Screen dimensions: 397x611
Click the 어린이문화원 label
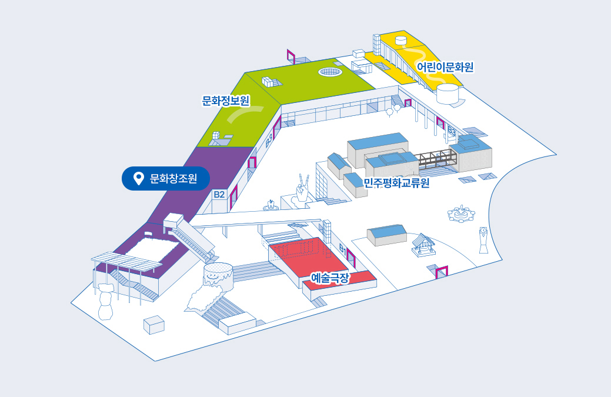pyautogui.click(x=445, y=66)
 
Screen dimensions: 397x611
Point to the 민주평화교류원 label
pyautogui.click(x=396, y=183)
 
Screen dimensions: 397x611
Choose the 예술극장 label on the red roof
pyautogui.click(x=330, y=276)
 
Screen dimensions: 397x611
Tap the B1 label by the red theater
pyautogui.click(x=342, y=249)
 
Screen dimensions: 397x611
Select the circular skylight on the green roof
pyautogui.click(x=330, y=72)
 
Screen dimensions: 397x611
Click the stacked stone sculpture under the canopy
pyautogui.click(x=106, y=301)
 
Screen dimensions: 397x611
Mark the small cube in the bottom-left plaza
pyautogui.click(x=154, y=324)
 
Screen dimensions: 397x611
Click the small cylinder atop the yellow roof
pyautogui.click(x=402, y=40)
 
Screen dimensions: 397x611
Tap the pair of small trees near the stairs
pyautogui.click(x=392, y=109)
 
